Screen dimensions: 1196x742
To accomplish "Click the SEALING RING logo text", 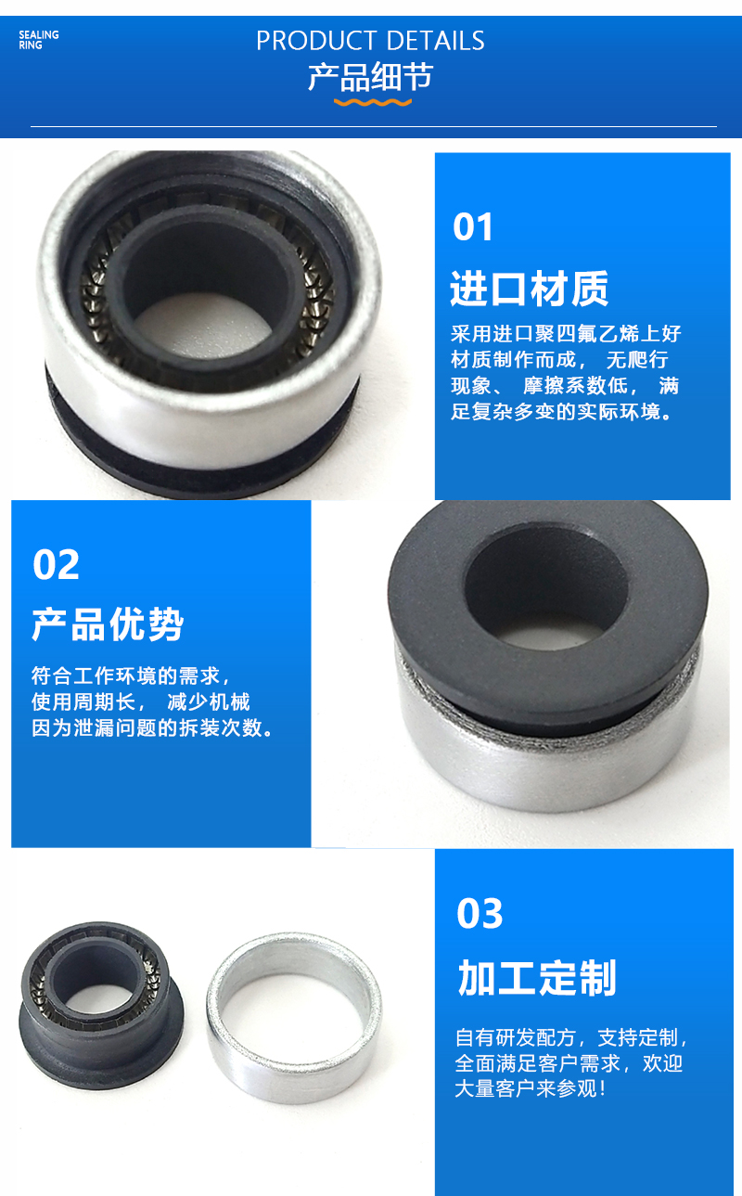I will [38, 39].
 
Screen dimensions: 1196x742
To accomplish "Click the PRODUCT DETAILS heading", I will [370, 41].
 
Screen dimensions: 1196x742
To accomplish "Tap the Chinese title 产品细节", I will [370, 76].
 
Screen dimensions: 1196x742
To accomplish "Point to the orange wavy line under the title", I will [372, 101].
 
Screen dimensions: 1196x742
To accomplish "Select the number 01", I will [473, 227].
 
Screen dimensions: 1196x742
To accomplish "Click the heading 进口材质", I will [529, 289].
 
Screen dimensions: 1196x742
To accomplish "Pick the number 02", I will [56, 565].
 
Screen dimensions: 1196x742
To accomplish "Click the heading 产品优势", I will [108, 624].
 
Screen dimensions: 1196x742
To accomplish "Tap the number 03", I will [480, 914].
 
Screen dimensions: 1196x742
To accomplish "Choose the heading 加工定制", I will [536, 979].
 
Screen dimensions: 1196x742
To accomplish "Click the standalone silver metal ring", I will [293, 1016].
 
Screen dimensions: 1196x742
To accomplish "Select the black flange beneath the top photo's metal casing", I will [185, 464].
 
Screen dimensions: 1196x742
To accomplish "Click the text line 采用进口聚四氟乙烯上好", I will [566, 334].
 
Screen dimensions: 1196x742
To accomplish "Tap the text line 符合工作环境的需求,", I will [130, 675].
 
